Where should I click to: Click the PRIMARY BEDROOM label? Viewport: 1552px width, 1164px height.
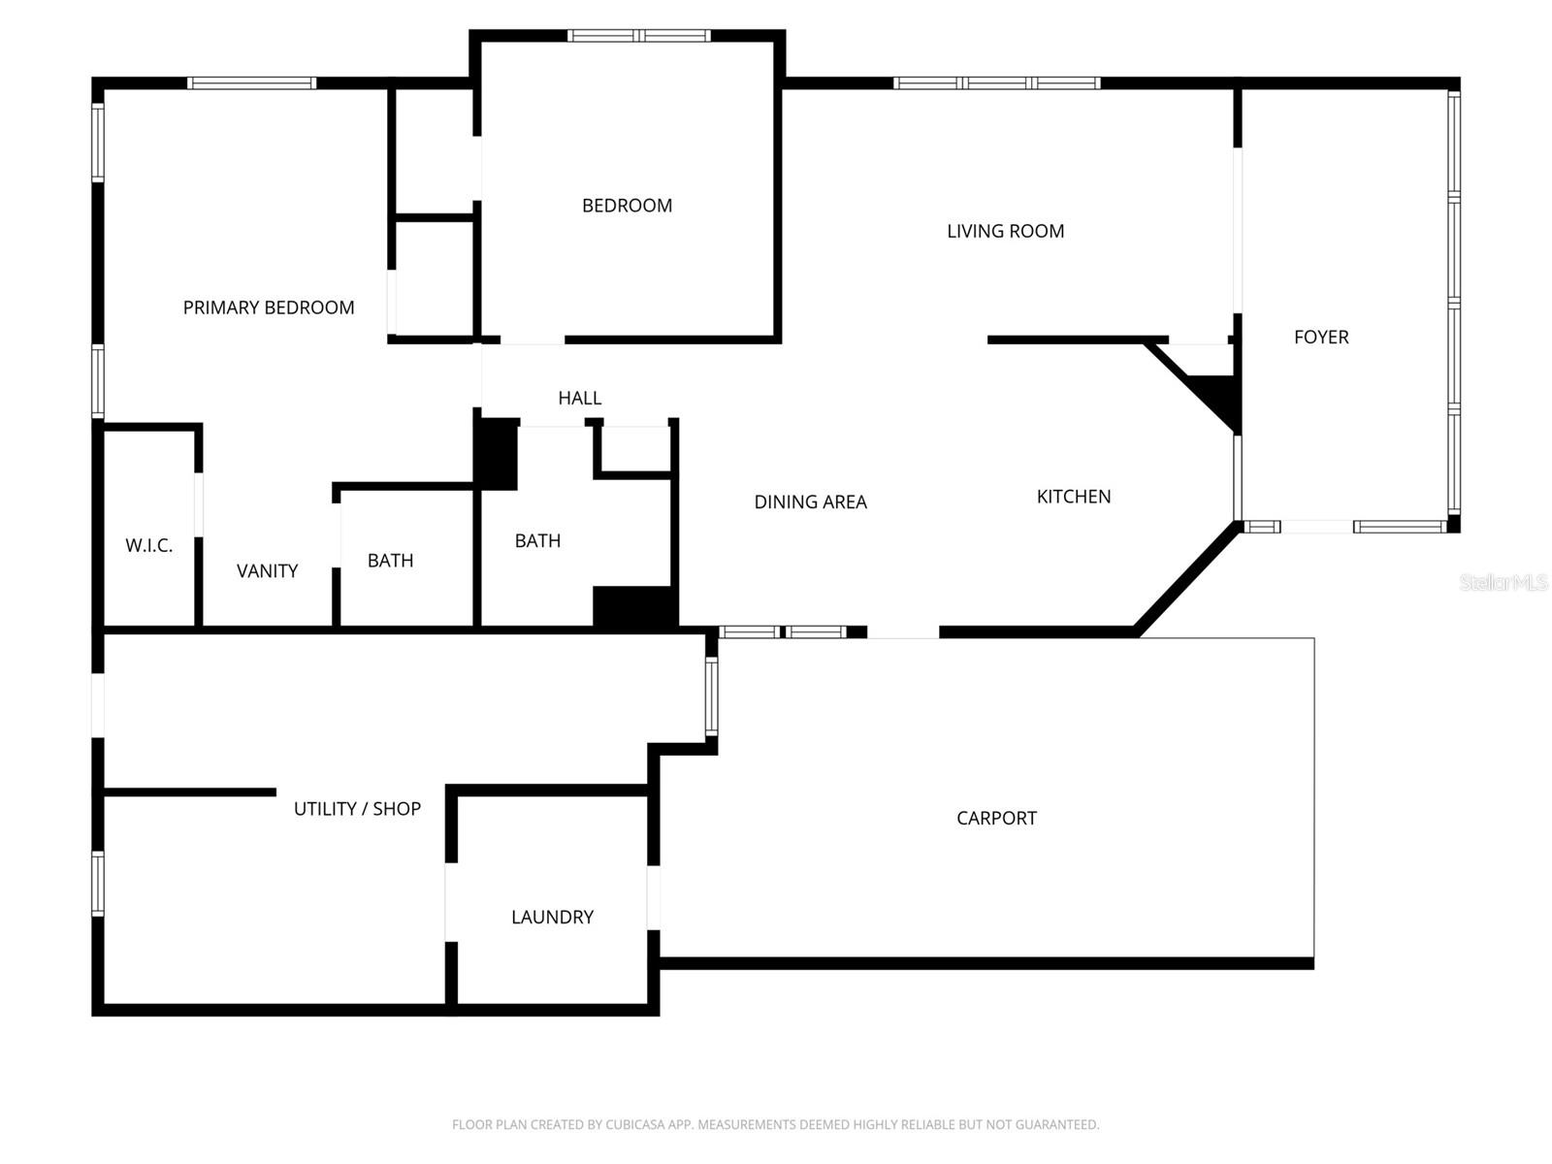[269, 307]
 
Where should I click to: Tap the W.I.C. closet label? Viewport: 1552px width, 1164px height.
[149, 545]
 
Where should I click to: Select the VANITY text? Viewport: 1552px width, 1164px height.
[267, 570]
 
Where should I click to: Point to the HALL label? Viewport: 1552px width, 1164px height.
[579, 398]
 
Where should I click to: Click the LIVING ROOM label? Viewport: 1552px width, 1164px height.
[1005, 231]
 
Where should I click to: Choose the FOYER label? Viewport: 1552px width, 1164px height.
[1321, 337]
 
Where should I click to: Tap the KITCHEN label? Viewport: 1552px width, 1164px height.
[1073, 497]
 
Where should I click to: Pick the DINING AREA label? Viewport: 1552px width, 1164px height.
[810, 501]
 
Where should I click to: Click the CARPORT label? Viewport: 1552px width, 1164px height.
[996, 818]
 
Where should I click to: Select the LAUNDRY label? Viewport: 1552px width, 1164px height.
[552, 917]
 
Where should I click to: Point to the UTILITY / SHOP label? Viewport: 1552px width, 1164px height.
[357, 808]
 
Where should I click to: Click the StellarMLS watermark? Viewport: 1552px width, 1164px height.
[1503, 582]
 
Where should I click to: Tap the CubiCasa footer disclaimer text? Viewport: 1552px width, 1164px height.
[775, 1124]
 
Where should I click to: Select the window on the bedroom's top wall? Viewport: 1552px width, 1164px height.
[639, 36]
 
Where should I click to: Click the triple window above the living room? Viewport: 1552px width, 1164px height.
[996, 83]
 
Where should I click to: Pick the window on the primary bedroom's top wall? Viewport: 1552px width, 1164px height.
[251, 83]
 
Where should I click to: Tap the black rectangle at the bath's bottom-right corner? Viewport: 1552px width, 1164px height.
[634, 606]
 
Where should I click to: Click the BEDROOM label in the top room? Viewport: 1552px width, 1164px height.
[627, 206]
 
